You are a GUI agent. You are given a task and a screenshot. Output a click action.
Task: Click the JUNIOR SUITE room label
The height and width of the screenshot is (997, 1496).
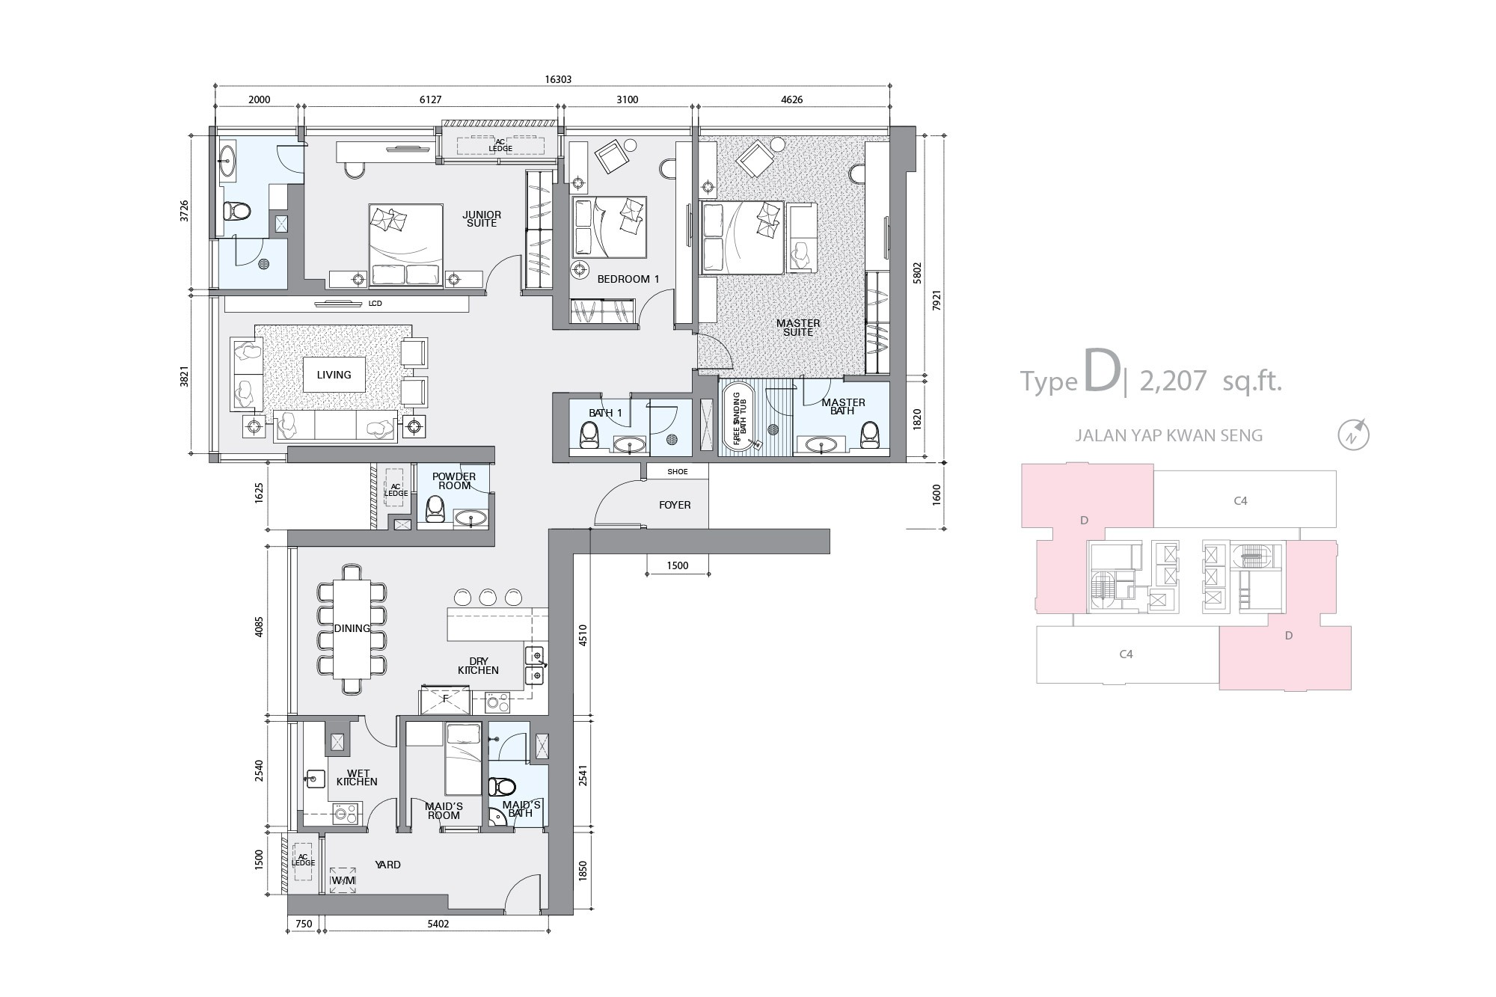pyautogui.click(x=482, y=219)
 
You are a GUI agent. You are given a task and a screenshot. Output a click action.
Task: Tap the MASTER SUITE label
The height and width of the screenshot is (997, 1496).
pyautogui.click(x=798, y=328)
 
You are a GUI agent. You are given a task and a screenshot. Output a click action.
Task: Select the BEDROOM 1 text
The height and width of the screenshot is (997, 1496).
pyautogui.click(x=628, y=279)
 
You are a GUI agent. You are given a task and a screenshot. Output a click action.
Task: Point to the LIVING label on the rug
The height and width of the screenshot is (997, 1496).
pyautogui.click(x=334, y=375)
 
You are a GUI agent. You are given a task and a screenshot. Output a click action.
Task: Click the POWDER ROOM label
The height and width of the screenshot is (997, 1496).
pyautogui.click(x=454, y=481)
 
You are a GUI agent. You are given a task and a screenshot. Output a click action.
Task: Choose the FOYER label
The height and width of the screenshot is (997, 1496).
pyautogui.click(x=675, y=505)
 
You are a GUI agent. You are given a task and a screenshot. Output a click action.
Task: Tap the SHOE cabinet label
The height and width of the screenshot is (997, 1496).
pyautogui.click(x=678, y=472)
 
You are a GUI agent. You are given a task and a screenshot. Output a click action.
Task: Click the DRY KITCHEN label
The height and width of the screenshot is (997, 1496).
pyautogui.click(x=479, y=666)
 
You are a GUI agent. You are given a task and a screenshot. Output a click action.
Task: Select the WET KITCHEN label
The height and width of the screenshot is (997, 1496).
pyautogui.click(x=358, y=778)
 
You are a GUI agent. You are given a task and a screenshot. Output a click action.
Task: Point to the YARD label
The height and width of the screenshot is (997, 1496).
pyautogui.click(x=388, y=865)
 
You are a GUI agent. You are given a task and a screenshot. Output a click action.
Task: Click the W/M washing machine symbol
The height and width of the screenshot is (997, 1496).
pyautogui.click(x=343, y=880)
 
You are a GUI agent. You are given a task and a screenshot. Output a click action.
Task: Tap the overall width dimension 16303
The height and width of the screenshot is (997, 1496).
pyautogui.click(x=558, y=79)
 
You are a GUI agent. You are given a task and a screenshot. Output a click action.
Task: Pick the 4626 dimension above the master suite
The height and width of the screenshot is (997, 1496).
pyautogui.click(x=791, y=99)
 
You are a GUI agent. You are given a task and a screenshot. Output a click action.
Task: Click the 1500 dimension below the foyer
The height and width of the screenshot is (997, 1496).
pyautogui.click(x=678, y=565)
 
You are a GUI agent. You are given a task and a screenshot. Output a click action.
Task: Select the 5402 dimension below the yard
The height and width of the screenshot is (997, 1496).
pyautogui.click(x=438, y=924)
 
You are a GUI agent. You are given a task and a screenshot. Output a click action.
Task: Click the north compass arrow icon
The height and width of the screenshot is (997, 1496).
pyautogui.click(x=1354, y=435)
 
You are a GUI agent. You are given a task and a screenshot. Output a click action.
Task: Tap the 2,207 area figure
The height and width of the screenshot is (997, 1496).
pyautogui.click(x=1174, y=381)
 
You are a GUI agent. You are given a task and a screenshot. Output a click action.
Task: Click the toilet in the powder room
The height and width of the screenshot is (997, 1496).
pyautogui.click(x=435, y=509)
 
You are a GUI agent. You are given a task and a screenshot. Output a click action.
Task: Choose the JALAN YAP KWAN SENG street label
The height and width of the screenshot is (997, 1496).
pyautogui.click(x=1169, y=435)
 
